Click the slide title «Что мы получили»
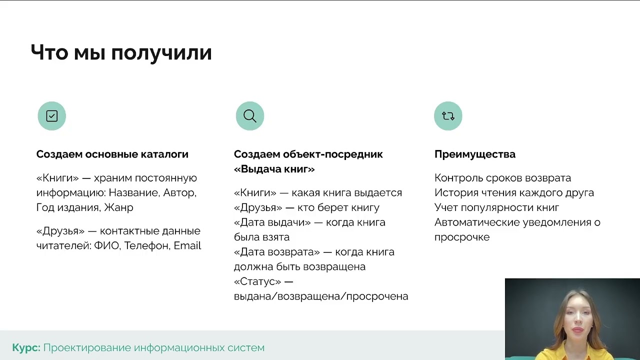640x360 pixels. pos(121,52)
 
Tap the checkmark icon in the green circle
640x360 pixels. pos(52,116)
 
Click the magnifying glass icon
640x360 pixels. pos(250,116)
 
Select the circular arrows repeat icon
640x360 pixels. pos(448,116)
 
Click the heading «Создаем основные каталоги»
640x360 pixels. pos(112,154)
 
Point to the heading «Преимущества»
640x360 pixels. pos(474,154)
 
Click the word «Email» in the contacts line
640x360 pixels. pos(187,245)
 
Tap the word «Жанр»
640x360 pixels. pos(119,207)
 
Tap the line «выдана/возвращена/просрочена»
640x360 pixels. pos(321,296)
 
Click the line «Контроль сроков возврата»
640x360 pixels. pos(502,178)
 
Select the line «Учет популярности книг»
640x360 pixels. pos(496,207)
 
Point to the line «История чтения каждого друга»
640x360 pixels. pos(514,192)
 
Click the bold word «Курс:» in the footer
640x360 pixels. pos(26,347)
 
